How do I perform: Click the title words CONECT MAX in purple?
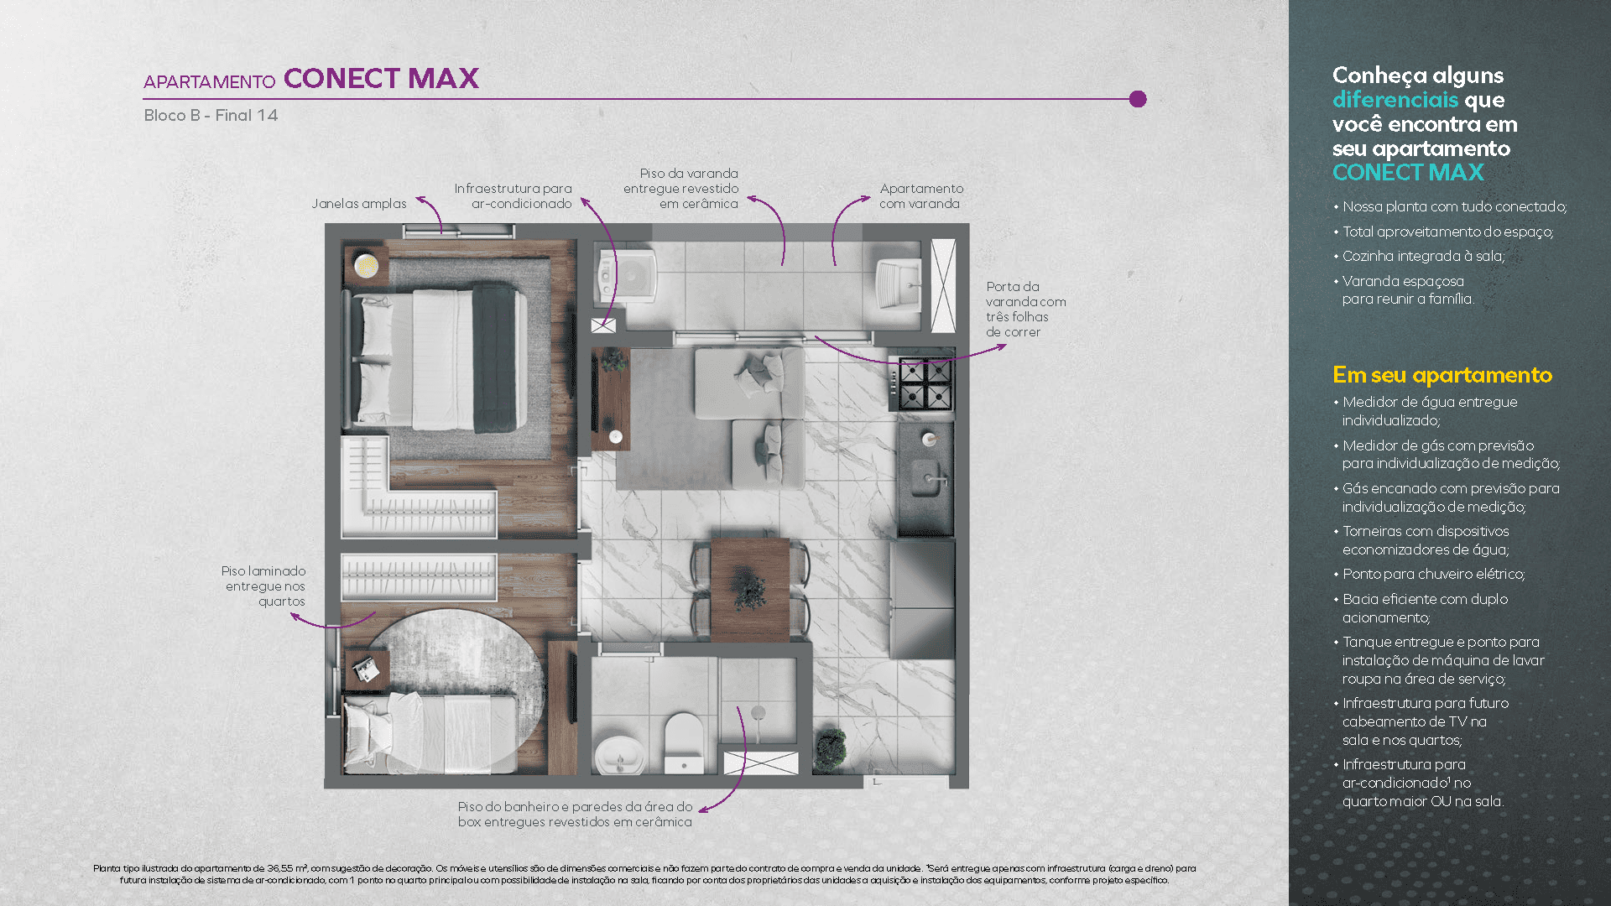(x=381, y=78)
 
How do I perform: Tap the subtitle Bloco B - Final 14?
(x=211, y=115)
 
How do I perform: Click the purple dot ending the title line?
(x=1138, y=99)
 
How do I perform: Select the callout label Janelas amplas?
(x=359, y=203)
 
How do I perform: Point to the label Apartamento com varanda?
(x=921, y=195)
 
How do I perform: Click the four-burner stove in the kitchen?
(x=925, y=383)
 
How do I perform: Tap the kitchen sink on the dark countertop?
(x=926, y=478)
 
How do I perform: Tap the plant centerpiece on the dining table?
(x=748, y=590)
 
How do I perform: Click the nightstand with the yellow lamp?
(x=366, y=267)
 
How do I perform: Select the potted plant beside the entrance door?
(x=831, y=748)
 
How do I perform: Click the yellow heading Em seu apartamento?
(x=1442, y=375)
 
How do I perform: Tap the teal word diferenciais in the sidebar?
(x=1395, y=100)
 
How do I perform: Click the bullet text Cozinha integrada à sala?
(x=1423, y=256)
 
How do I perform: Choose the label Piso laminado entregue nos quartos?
(x=264, y=586)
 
